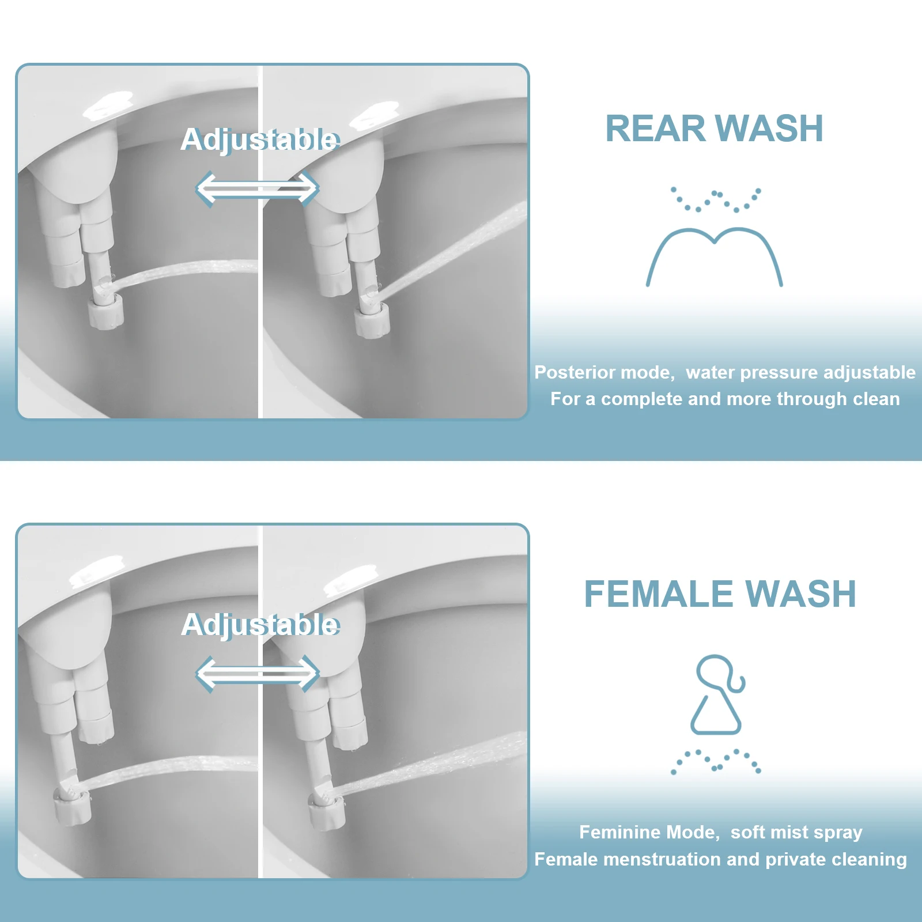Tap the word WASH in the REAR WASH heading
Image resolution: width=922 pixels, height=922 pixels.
pos(771,129)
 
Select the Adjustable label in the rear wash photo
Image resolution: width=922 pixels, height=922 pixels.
pos(260,139)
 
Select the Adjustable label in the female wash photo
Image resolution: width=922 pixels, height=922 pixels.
pos(260,625)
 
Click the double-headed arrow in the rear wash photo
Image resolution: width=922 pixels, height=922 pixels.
pos(257,188)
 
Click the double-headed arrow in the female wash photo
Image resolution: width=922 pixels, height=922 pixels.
pos(257,674)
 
